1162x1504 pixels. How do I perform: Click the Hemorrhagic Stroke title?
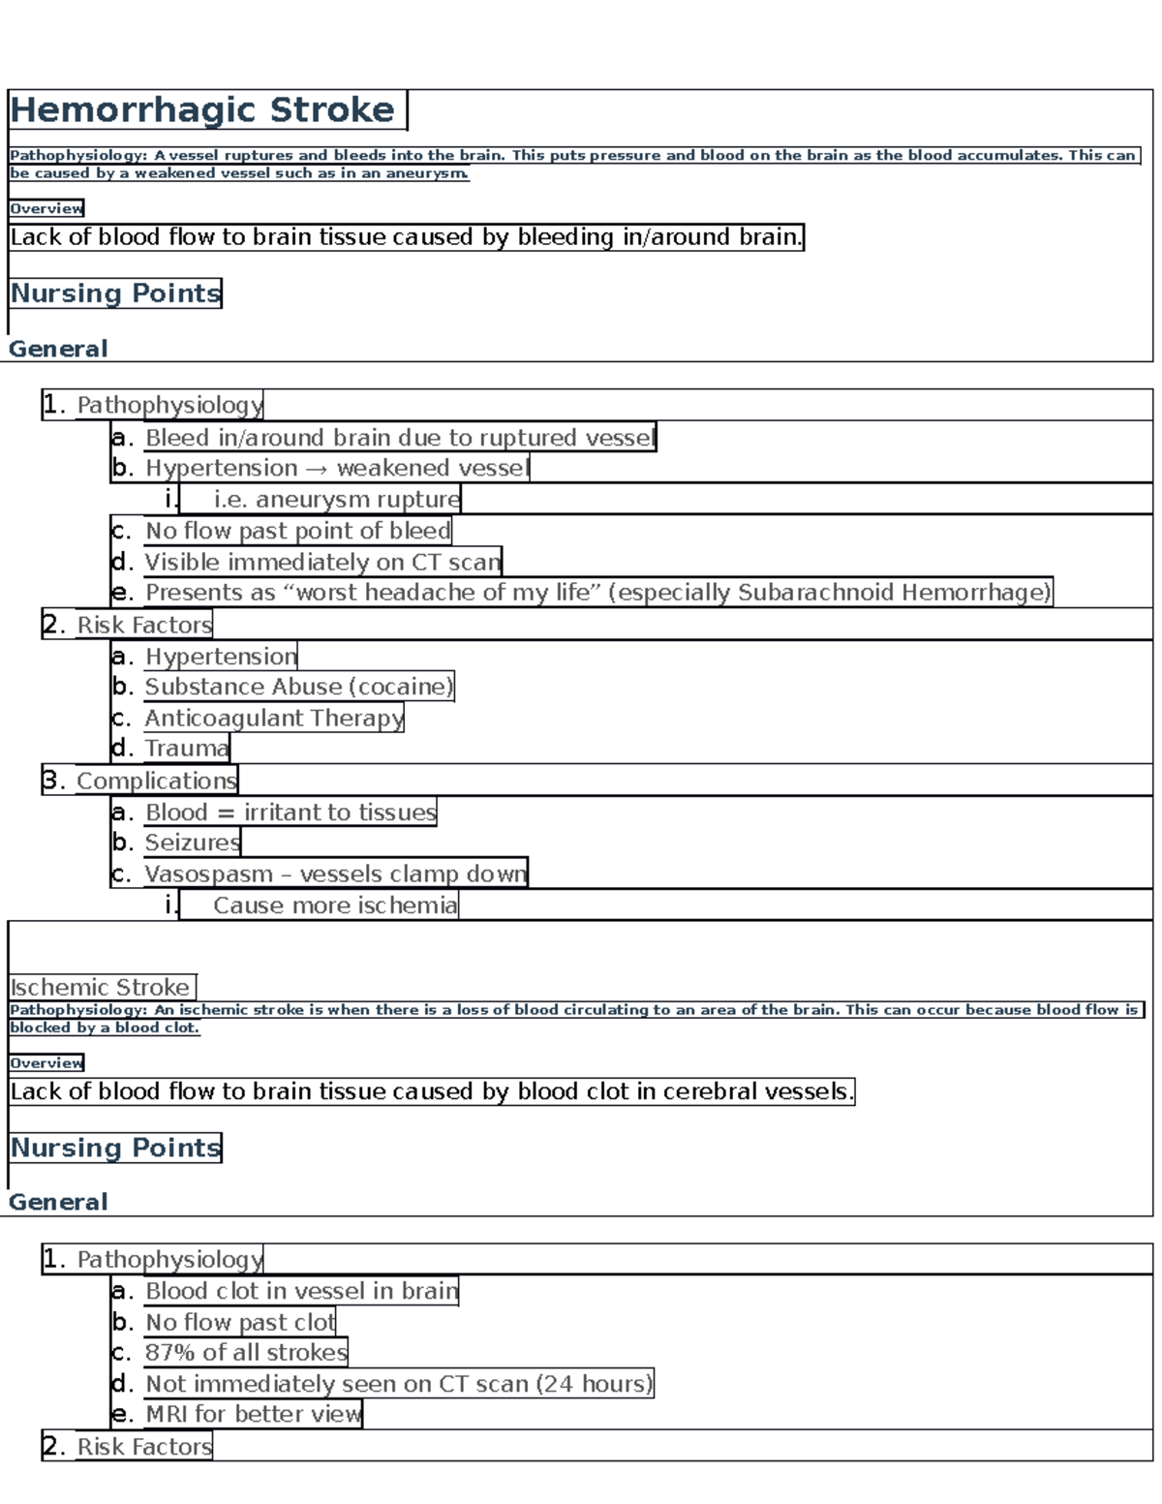[203, 110]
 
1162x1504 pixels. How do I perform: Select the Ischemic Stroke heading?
[100, 987]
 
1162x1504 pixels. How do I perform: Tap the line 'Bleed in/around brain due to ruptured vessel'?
[399, 438]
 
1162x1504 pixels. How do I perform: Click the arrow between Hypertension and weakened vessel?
[317, 469]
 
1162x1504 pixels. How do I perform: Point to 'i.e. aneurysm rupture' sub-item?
[336, 500]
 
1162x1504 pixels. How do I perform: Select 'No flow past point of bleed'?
[297, 531]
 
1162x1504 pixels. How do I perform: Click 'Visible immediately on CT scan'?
[322, 562]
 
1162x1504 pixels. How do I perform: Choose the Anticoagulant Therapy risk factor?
[273, 718]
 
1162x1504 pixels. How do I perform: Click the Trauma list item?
[186, 749]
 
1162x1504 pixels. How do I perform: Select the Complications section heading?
[156, 781]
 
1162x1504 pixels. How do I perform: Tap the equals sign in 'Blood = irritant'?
[226, 813]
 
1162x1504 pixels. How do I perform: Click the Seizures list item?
[192, 843]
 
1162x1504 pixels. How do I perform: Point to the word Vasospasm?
[208, 875]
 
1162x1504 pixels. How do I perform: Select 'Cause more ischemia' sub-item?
[334, 905]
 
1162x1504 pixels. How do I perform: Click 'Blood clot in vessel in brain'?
[301, 1291]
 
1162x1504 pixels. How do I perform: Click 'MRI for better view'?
[253, 1414]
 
